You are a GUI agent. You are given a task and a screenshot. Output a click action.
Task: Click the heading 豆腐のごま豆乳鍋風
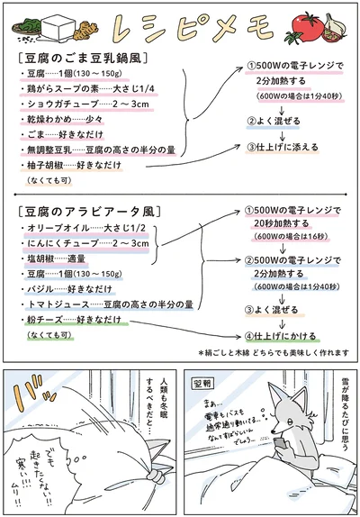point(84,59)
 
